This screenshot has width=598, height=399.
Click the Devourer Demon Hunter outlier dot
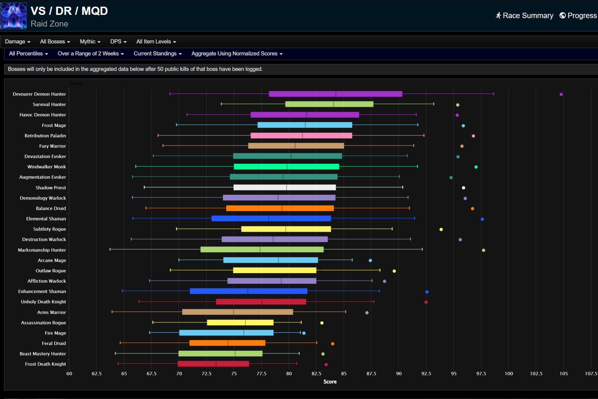pos(561,94)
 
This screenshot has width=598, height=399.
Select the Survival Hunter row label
pos(49,104)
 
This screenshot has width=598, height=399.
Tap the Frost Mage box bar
pos(304,125)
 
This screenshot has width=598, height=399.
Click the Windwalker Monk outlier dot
pos(476,167)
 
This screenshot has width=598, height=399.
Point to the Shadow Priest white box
pos(285,187)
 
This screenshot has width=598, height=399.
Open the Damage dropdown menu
pos(17,42)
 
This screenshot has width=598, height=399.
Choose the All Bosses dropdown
pos(55,42)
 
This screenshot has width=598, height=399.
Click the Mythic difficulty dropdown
pos(90,42)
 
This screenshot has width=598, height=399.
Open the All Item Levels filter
pos(156,42)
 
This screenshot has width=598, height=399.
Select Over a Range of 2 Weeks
pos(91,54)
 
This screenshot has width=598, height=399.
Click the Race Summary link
pos(524,16)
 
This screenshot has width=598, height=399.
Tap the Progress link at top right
pos(578,16)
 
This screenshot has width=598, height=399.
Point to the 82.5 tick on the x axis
pos(316,373)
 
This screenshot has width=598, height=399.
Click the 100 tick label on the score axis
pos(509,373)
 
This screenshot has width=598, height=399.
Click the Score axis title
pos(330,382)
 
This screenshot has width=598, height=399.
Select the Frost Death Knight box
pos(213,364)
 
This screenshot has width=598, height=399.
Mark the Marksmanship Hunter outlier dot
pos(483,250)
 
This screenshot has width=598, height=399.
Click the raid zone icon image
pos(14,16)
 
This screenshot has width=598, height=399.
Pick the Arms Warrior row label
pos(51,312)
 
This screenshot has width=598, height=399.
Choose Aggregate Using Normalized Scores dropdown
pos(237,54)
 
